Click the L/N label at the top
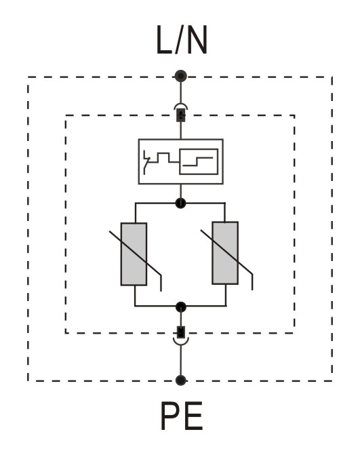pyautogui.click(x=182, y=40)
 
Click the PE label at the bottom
pyautogui.click(x=182, y=416)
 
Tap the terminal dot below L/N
pyautogui.click(x=181, y=76)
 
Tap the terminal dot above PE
pyautogui.click(x=181, y=380)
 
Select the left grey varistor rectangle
pyautogui.click(x=134, y=254)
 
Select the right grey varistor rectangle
pyautogui.click(x=225, y=253)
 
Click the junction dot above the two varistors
pyautogui.click(x=181, y=203)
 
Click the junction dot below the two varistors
pyautogui.click(x=181, y=306)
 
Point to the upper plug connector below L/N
pyautogui.click(x=181, y=113)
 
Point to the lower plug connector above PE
pyautogui.click(x=181, y=336)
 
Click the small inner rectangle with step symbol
pyautogui.click(x=199, y=161)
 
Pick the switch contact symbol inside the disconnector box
pyautogui.click(x=147, y=162)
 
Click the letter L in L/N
pyautogui.click(x=164, y=40)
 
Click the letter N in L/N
pyautogui.click(x=197, y=40)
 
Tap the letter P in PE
pyautogui.click(x=170, y=416)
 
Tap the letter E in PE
pyautogui.click(x=194, y=416)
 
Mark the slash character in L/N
pyautogui.click(x=179, y=40)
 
